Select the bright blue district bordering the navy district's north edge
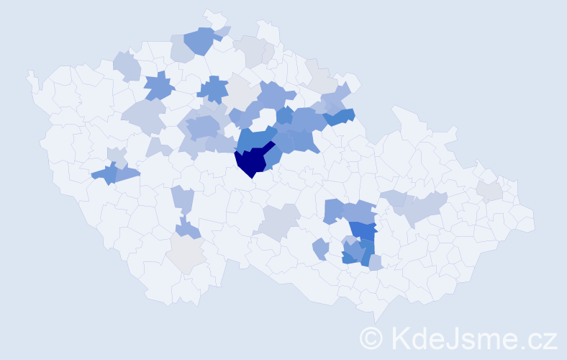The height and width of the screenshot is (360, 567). click(255, 138)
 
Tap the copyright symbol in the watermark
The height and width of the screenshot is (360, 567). click(371, 338)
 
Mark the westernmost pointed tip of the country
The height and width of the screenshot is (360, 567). click(28, 72)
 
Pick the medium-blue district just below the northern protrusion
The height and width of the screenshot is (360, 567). click(200, 40)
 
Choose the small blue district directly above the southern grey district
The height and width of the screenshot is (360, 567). click(187, 229)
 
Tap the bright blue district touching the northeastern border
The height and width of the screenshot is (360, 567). click(340, 115)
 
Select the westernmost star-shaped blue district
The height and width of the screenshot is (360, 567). click(159, 87)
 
